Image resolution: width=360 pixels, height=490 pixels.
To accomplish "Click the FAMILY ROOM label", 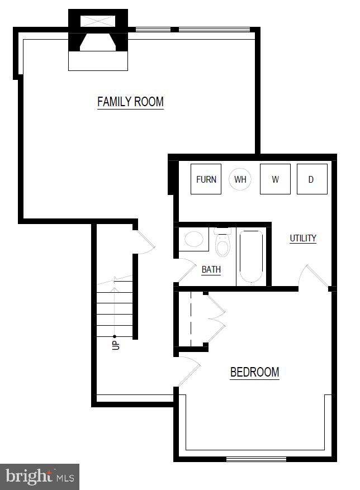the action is [130, 102].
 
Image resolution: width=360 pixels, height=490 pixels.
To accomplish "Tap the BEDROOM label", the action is [254, 372].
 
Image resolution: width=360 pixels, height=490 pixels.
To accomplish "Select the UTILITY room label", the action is [303, 238].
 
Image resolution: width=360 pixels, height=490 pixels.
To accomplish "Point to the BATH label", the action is [211, 269].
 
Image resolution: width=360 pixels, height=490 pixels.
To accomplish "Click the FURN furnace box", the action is [206, 179].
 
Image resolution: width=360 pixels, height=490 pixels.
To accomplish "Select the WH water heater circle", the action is [240, 179].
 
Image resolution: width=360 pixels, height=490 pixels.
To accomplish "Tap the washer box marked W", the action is [275, 179].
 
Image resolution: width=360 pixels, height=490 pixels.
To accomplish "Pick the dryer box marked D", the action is [312, 179].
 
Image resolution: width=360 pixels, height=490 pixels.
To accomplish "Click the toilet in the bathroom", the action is [222, 242].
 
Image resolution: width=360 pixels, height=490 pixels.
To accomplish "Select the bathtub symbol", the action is [251, 256].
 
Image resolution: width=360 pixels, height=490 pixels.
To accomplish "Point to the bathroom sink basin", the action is [194, 239].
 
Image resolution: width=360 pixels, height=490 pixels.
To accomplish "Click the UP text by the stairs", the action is [116, 345].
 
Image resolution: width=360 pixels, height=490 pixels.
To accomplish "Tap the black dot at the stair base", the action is [115, 336].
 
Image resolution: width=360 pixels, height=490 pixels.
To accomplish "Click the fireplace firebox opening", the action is [98, 42].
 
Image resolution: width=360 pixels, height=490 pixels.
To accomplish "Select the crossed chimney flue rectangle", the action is [98, 21].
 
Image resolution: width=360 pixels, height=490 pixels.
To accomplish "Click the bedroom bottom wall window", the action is [256, 459].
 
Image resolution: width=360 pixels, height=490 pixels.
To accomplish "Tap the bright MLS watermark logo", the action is [40, 477].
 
